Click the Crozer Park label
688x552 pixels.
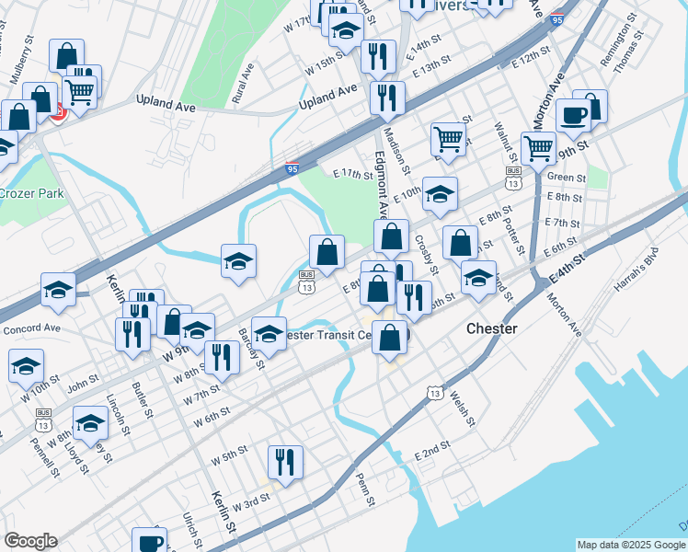click(x=31, y=193)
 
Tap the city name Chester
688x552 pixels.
click(x=492, y=328)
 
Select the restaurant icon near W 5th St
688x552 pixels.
click(x=285, y=463)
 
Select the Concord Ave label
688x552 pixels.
click(x=31, y=328)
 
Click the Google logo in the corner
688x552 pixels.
click(x=30, y=541)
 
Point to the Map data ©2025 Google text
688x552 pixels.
click(x=631, y=545)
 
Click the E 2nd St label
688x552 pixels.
click(x=432, y=450)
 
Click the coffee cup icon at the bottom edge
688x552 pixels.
click(x=149, y=541)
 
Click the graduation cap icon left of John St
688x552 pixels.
click(x=27, y=365)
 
